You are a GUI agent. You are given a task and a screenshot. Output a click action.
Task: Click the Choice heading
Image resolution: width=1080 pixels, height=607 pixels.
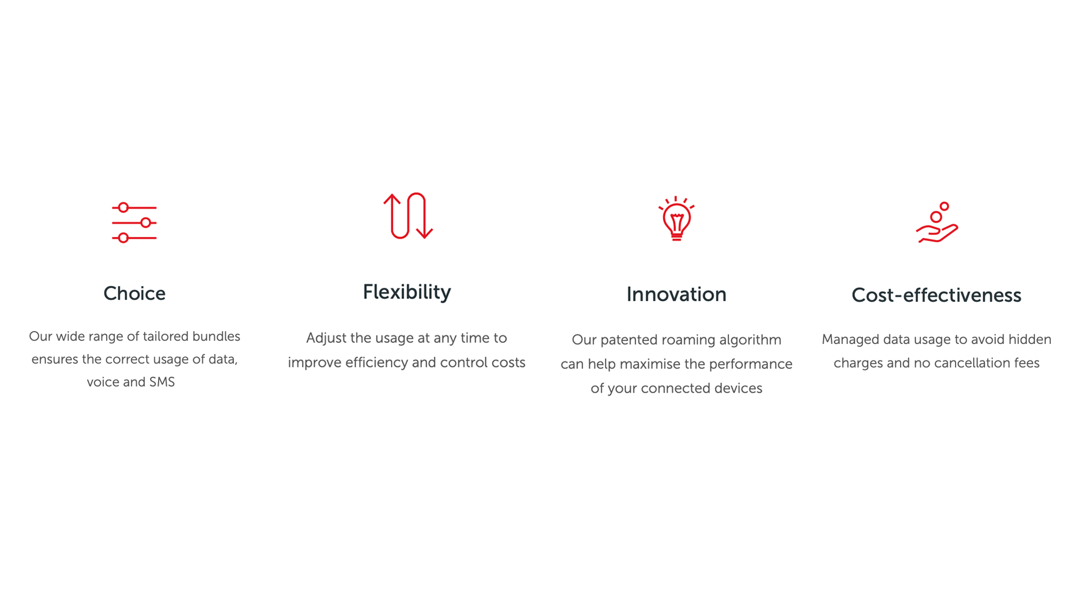coord(134,293)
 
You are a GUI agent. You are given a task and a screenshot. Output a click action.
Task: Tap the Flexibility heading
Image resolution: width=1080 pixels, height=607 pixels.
coord(407,292)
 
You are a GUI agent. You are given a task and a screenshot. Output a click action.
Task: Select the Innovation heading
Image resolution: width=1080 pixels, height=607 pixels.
coord(676,295)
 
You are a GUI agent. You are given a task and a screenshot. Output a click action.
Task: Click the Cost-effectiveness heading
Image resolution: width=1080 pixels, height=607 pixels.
coord(936,295)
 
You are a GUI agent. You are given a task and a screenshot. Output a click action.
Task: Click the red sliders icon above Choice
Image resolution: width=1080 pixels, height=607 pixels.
coord(134,223)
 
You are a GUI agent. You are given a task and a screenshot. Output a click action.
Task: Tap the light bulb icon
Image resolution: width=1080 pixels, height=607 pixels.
coord(676,219)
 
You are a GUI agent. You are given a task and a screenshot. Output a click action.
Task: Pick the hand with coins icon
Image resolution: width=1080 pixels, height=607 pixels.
coord(937,223)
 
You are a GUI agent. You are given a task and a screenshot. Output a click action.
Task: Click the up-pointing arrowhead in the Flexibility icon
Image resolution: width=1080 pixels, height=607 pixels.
coord(392,200)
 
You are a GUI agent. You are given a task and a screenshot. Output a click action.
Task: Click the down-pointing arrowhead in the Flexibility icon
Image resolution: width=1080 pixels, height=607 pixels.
coord(424,233)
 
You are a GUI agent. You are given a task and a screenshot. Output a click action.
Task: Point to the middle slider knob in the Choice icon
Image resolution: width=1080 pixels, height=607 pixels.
coord(146,223)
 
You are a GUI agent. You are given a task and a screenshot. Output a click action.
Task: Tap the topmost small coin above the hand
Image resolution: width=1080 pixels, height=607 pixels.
coord(944,206)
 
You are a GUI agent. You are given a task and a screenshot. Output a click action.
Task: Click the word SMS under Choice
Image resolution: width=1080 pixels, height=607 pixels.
coord(162,382)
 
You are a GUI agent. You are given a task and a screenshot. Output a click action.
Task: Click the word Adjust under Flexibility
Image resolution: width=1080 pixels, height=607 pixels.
coord(326,338)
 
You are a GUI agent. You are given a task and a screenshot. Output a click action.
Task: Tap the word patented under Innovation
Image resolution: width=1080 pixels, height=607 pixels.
coord(628,340)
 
